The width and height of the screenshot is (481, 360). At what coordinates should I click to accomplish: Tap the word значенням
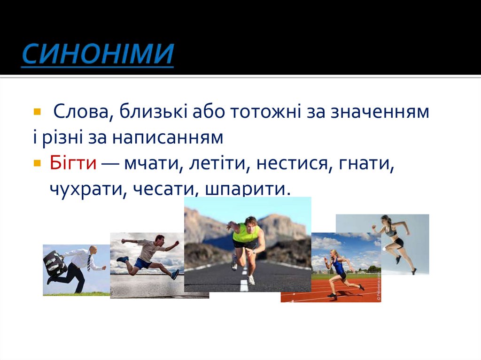coord(379,112)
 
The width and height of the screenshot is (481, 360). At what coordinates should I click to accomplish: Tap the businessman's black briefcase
coord(55,263)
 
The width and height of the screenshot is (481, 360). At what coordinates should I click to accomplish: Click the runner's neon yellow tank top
coord(246,233)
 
